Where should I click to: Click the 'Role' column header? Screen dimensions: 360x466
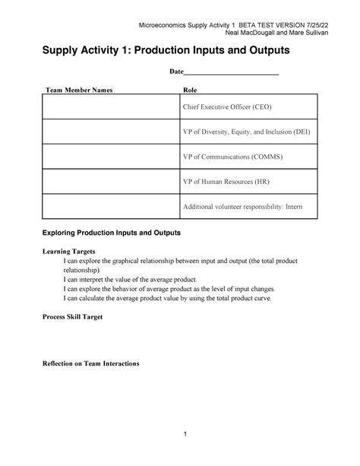pyautogui.click(x=191, y=90)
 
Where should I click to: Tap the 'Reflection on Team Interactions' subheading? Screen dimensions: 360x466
pyautogui.click(x=91, y=363)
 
